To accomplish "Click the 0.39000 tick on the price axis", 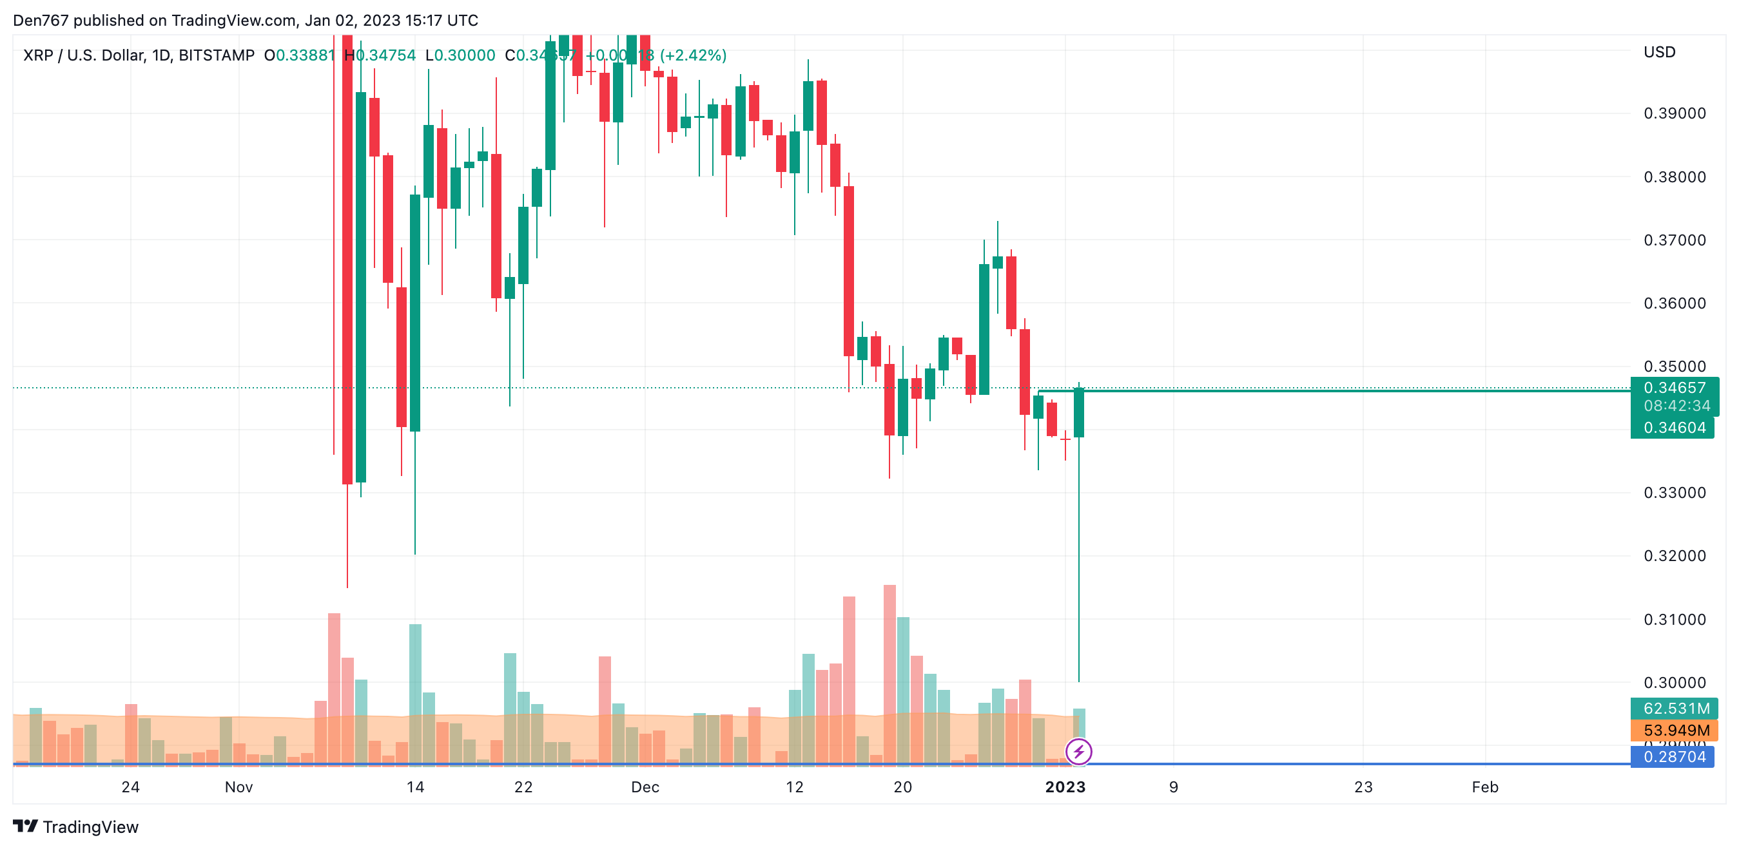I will tap(1674, 113).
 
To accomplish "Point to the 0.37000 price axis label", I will tap(1674, 240).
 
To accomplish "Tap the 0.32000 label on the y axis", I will tap(1674, 556).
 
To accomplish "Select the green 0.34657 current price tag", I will tap(1674, 388).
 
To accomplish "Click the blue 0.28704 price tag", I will tap(1674, 756).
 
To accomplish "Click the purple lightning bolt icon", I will tap(1078, 751).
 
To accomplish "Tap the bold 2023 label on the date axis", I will tap(1065, 787).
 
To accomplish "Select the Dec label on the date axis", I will tap(645, 787).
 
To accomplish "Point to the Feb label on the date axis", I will tap(1484, 787).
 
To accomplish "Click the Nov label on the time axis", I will tap(238, 787).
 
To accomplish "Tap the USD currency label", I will tap(1659, 53).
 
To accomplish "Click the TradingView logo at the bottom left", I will tap(75, 826).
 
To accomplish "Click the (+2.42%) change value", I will tap(693, 55).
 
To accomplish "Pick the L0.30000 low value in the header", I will tap(460, 55).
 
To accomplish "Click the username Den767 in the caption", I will tap(41, 20).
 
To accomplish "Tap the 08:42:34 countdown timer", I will tap(1677, 406).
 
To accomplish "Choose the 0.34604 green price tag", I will tap(1674, 428).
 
